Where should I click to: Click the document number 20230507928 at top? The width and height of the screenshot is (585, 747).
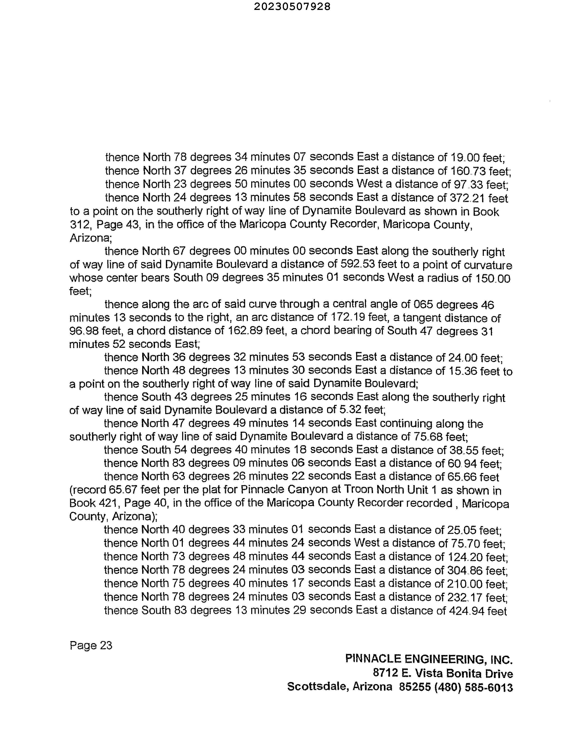[x=292, y=7]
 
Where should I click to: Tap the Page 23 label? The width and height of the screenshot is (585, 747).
[x=91, y=645]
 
